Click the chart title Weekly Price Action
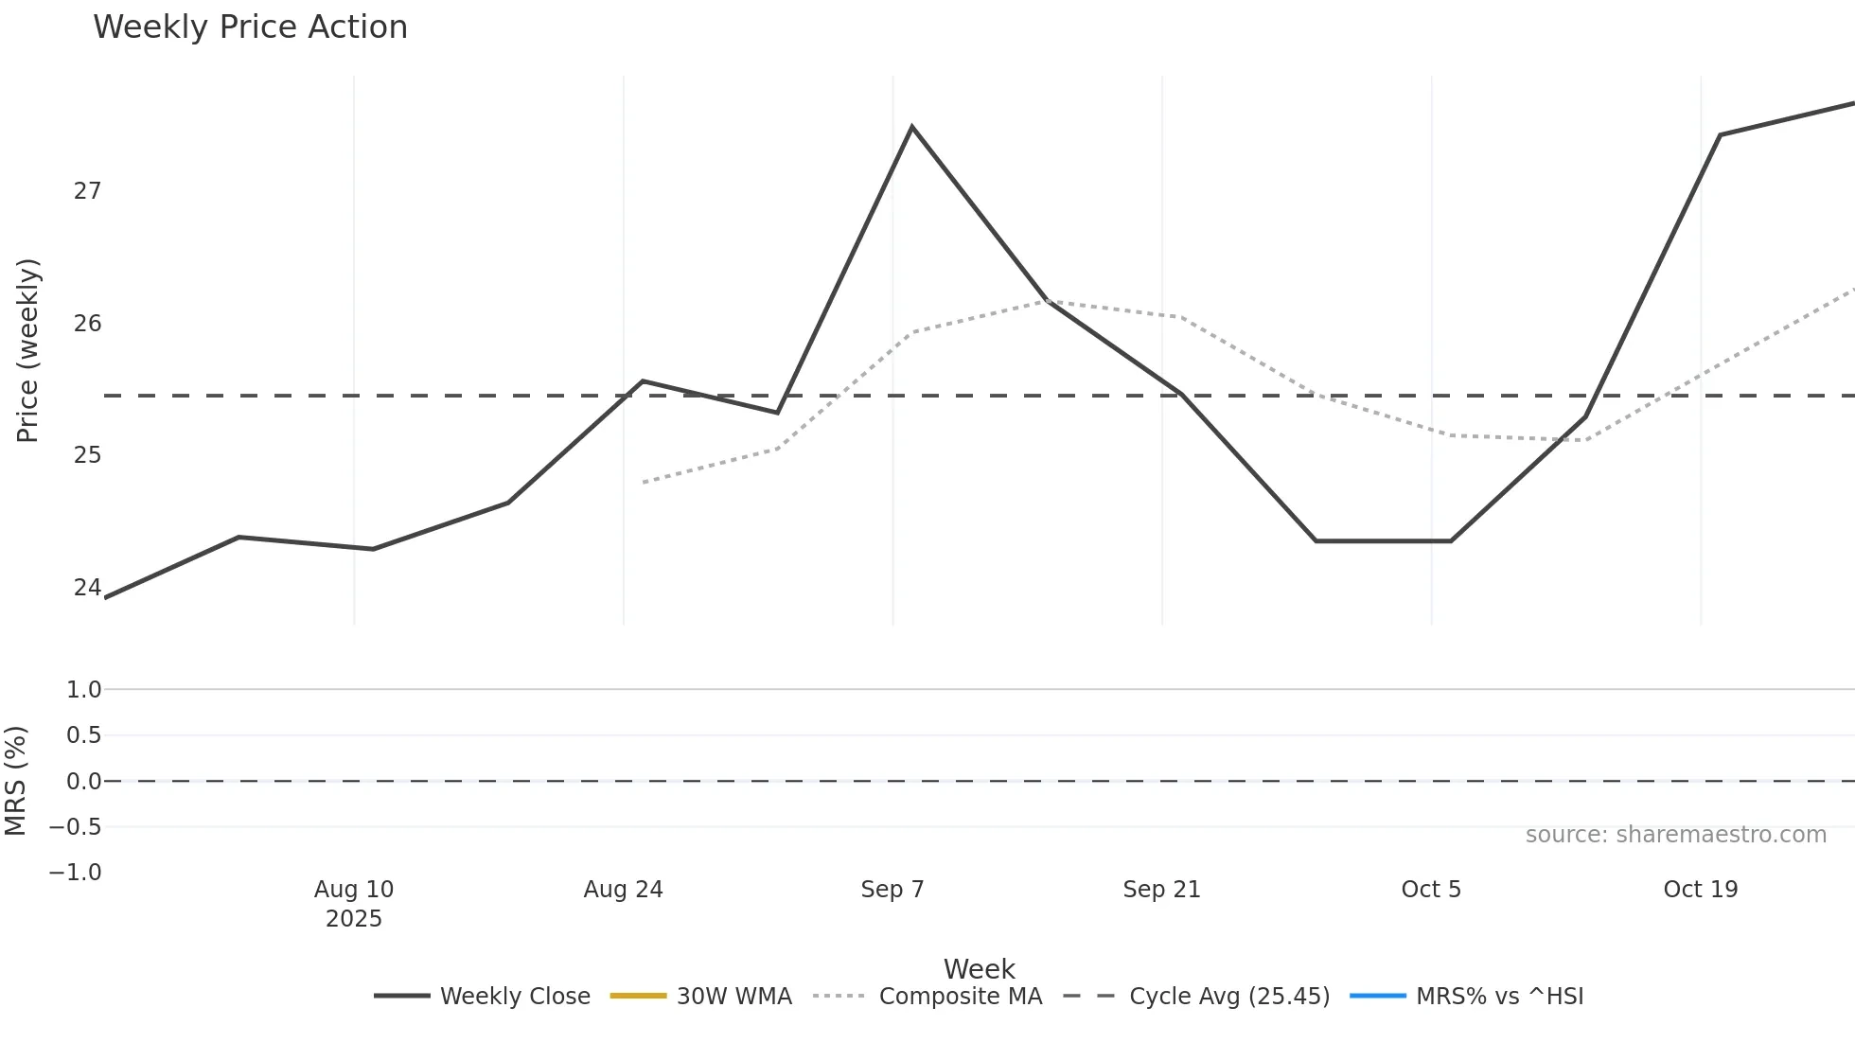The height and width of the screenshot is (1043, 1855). pos(250,27)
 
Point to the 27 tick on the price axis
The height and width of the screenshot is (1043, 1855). pos(87,191)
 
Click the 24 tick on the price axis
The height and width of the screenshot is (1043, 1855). pos(87,588)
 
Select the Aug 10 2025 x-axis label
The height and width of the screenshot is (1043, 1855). pos(354,903)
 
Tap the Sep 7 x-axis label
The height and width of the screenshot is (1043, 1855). pos(892,890)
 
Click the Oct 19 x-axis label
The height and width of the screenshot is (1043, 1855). pos(1700,890)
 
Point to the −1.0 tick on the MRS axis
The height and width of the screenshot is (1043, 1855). pos(76,873)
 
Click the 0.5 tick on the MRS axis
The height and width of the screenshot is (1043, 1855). pos(83,735)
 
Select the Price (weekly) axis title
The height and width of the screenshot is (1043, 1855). pos(27,350)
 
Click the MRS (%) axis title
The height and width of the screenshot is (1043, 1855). pos(15,781)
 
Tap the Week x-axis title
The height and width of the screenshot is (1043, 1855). pos(979,969)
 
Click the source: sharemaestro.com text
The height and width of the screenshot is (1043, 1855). pos(1675,835)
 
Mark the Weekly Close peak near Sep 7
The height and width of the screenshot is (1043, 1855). pos(911,127)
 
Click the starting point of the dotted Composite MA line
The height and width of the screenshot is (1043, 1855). pos(644,483)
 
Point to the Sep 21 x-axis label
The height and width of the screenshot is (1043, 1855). pos(1161,890)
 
